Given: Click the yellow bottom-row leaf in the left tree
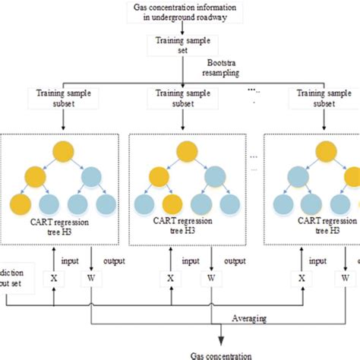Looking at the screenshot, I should click(x=21, y=205).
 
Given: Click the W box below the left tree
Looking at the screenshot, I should click(x=91, y=278).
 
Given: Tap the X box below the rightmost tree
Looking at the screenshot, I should click(x=302, y=278).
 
